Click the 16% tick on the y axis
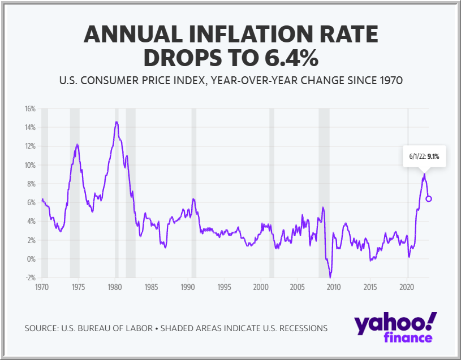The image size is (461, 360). (30, 109)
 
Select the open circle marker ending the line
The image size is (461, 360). (429, 199)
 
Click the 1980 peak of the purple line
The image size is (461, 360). (117, 122)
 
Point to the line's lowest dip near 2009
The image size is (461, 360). (330, 277)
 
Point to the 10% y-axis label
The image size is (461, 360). (30, 165)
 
